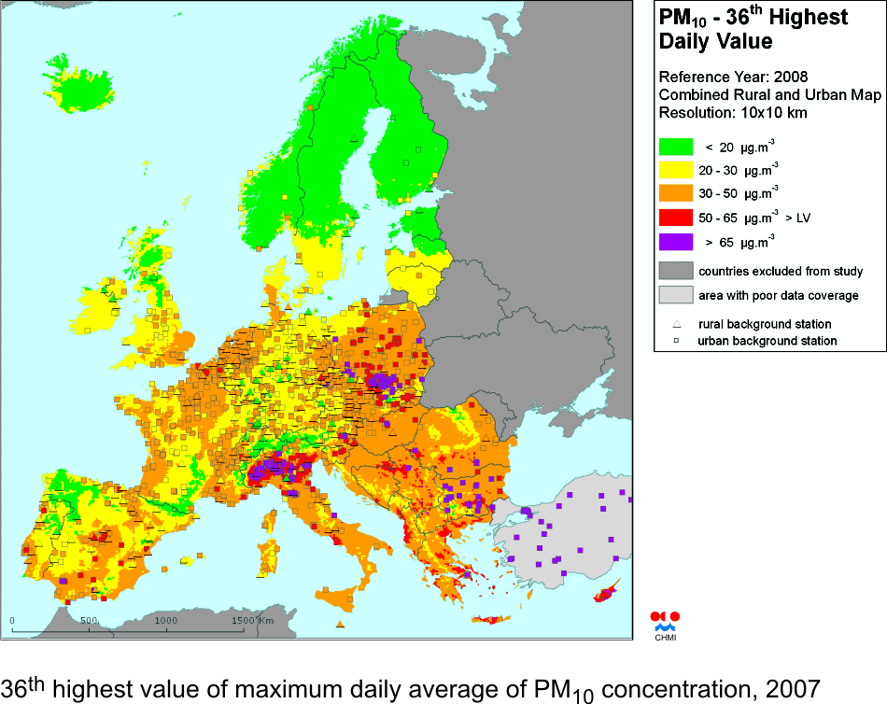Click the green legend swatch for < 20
[x=676, y=147]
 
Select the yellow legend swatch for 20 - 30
[x=676, y=170]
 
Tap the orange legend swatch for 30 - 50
[x=676, y=193]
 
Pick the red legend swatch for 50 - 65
[x=676, y=218]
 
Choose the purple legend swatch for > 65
[x=676, y=242]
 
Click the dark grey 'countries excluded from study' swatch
[x=676, y=271]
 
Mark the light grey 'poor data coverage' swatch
[x=676, y=295]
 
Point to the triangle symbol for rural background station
[x=677, y=324]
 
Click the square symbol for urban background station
[x=677, y=341]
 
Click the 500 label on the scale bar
[x=89, y=620]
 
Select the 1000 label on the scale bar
[x=165, y=620]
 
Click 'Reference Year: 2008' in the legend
[x=733, y=77]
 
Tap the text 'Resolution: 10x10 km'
[x=733, y=112]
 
